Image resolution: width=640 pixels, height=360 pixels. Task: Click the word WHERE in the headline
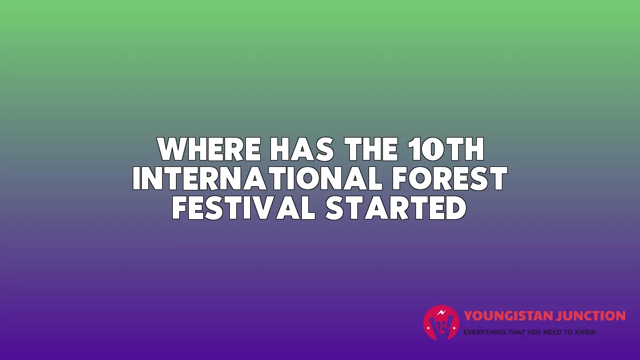[x=209, y=149]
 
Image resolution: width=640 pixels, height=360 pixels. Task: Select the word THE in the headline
[x=371, y=149]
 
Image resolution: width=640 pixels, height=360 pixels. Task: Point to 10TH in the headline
[x=445, y=149]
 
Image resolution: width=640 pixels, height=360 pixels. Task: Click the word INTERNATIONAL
[x=258, y=179]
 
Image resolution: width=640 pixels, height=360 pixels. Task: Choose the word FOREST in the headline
[x=450, y=179]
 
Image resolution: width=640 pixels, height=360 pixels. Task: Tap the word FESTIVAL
[x=244, y=208]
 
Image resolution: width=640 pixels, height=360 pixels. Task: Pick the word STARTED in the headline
[x=396, y=208]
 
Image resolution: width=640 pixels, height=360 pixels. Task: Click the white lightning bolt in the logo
[x=442, y=313]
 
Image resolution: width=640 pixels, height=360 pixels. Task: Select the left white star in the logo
[x=428, y=328]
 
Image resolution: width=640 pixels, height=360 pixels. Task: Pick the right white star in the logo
[x=454, y=328]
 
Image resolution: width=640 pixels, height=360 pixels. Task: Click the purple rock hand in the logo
[x=441, y=327]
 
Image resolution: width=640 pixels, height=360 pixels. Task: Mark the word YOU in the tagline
[x=534, y=332]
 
